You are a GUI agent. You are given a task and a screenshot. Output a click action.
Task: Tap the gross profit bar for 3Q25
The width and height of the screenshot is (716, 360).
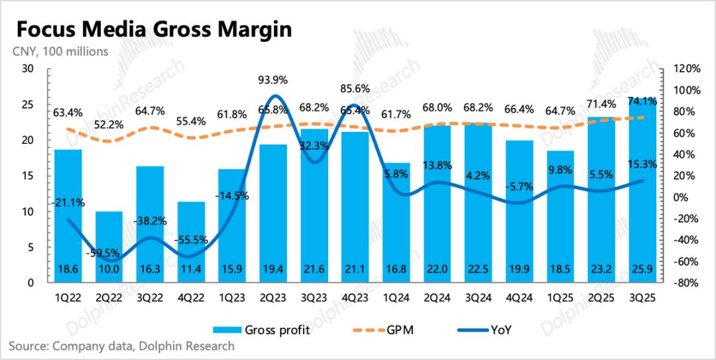pos(641,192)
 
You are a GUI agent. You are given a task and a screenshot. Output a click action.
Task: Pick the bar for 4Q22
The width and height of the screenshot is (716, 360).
pos(191,242)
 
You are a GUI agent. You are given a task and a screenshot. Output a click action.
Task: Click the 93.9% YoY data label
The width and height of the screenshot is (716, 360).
pos(272,81)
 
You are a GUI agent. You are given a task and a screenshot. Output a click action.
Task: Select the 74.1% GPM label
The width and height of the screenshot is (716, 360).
pos(642,101)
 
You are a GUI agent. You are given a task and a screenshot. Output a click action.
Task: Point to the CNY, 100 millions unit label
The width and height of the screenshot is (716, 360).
pos(58,52)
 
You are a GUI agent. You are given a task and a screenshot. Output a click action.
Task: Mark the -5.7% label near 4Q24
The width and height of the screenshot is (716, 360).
pos(518,188)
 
